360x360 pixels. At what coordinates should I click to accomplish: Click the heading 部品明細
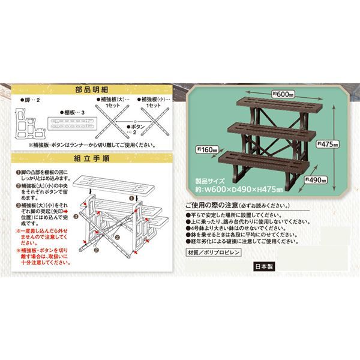(x=91, y=88)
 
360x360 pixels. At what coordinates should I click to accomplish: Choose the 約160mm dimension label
(x=205, y=149)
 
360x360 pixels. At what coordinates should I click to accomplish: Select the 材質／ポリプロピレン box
(x=214, y=253)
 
